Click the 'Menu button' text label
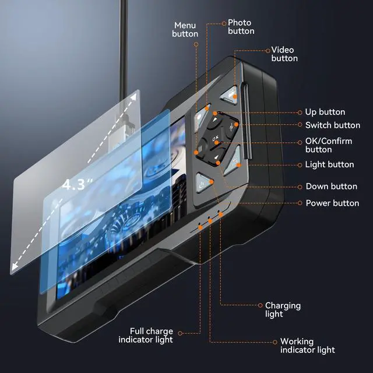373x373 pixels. (x=185, y=30)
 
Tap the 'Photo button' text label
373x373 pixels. (x=241, y=26)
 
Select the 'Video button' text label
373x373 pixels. (x=284, y=54)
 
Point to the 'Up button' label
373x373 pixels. (x=325, y=112)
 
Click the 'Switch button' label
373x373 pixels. (x=332, y=125)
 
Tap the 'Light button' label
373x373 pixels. (x=329, y=165)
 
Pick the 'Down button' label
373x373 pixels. (x=331, y=186)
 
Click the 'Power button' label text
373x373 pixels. (x=332, y=203)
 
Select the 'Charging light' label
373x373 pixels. (x=283, y=309)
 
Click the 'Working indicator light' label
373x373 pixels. (x=307, y=346)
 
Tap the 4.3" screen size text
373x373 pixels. (x=78, y=185)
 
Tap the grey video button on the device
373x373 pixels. (x=231, y=91)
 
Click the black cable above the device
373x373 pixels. (x=124, y=47)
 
